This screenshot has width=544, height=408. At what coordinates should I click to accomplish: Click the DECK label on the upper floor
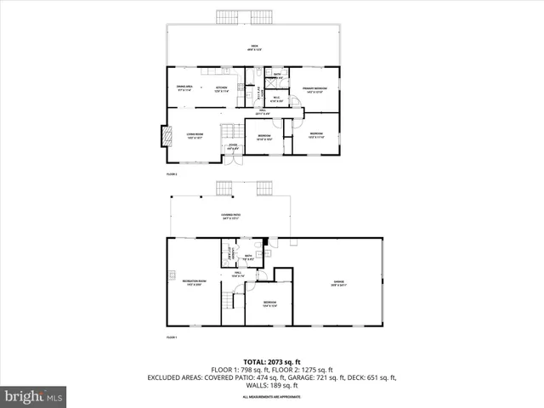click(x=254, y=47)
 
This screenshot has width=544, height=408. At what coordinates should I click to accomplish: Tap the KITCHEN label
click(x=221, y=88)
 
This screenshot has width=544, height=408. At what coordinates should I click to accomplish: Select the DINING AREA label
click(x=183, y=88)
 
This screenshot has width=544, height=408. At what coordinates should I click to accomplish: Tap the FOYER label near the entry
click(x=232, y=146)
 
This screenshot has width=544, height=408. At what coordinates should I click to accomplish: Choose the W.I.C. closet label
click(x=276, y=98)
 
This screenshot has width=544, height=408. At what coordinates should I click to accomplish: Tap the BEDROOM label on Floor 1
click(x=269, y=303)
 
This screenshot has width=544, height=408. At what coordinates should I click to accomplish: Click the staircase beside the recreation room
click(x=229, y=302)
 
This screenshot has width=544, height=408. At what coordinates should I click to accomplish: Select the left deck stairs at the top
click(x=225, y=17)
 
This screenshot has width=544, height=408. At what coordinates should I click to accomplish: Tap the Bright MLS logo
click(x=34, y=395)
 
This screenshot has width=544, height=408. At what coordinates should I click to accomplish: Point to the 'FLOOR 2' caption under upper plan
click(x=171, y=174)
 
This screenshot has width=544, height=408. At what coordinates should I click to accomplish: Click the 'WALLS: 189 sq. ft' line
click(x=271, y=386)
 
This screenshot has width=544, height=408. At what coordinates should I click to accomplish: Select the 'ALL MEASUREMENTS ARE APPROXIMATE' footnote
click(x=271, y=397)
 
